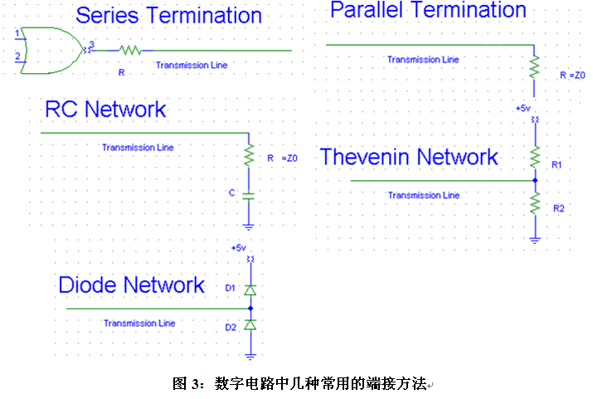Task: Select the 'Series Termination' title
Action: [x=168, y=15]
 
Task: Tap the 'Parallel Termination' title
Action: [x=428, y=10]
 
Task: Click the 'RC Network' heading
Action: [x=105, y=109]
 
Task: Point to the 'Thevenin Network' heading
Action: [x=409, y=157]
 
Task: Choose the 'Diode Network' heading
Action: [x=131, y=285]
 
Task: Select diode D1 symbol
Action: [x=250, y=290]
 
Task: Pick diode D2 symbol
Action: [x=250, y=325]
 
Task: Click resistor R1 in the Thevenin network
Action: [x=535, y=156]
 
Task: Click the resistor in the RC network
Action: [x=249, y=154]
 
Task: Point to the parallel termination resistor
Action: [x=535, y=65]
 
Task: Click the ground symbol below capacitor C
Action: [x=249, y=226]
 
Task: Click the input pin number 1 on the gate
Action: [x=17, y=32]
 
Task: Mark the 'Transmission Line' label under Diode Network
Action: [x=139, y=323]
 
